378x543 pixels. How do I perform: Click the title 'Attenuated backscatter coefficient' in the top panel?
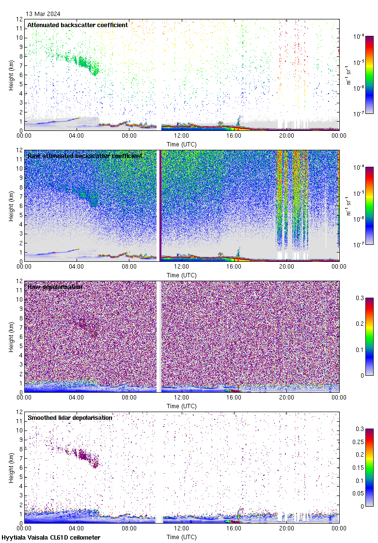[78, 25]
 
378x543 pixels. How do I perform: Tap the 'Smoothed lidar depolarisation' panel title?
[70, 417]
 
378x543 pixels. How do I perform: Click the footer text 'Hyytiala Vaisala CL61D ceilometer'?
[51, 538]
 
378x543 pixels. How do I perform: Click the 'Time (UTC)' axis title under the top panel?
[182, 144]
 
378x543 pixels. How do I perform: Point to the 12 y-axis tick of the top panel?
[19, 19]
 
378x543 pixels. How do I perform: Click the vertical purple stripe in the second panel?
[159, 206]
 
